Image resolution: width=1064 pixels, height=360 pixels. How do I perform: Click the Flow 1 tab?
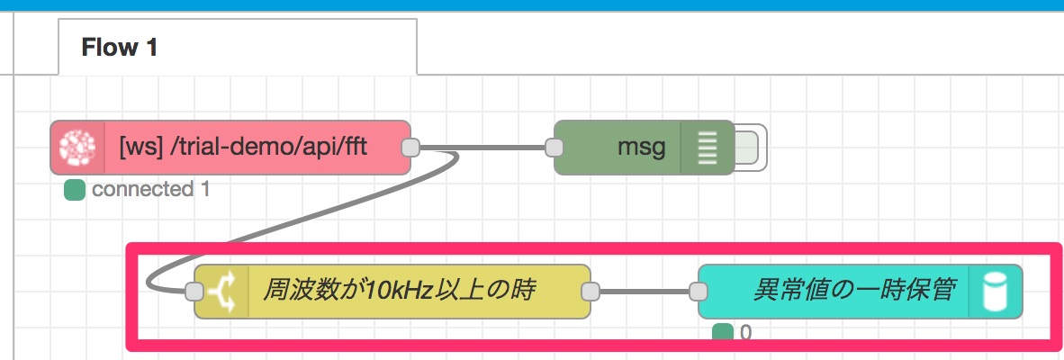(238, 47)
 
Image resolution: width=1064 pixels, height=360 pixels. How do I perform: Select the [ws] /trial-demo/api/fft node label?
(243, 147)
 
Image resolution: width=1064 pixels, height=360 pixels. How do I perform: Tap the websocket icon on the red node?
(78, 148)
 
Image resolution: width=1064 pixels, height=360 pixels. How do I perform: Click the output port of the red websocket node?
(410, 148)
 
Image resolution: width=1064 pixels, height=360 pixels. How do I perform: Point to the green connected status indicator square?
(74, 191)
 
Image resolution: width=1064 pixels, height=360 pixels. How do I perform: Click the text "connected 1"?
(150, 190)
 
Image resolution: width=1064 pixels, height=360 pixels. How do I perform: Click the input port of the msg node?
(555, 148)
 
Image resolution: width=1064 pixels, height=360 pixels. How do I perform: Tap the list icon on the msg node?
(707, 148)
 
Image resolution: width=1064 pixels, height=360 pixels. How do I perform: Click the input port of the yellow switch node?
(194, 292)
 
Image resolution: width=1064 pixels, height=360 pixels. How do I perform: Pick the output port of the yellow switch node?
(591, 292)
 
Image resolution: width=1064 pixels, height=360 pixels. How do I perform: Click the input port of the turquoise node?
(699, 292)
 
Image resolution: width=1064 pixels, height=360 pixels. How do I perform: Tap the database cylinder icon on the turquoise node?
(995, 292)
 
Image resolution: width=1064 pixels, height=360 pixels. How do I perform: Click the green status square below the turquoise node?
(723, 333)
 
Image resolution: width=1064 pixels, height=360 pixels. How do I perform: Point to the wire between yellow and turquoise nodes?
(645, 292)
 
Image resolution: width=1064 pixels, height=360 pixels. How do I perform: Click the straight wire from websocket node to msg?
(482, 148)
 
